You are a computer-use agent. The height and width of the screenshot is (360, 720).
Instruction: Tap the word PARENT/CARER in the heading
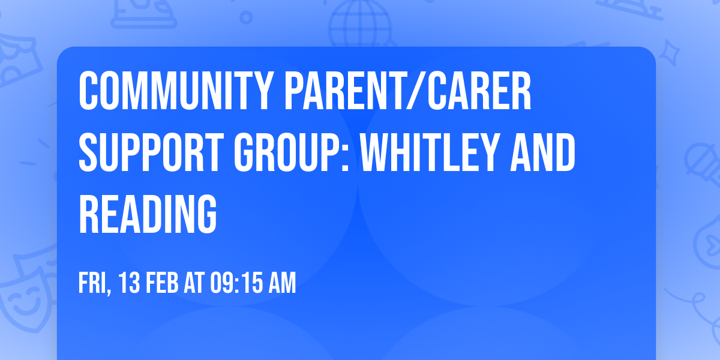point(408,91)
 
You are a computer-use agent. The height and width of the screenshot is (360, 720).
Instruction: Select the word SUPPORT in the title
point(152,154)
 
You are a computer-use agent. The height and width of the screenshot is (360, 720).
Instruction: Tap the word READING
point(148,215)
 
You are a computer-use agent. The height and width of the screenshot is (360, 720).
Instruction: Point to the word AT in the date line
point(194,283)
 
